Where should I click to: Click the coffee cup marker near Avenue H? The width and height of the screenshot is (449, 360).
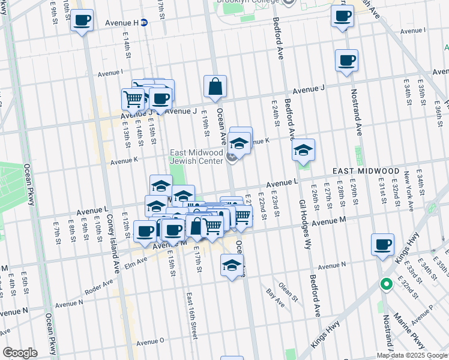pos(82,21)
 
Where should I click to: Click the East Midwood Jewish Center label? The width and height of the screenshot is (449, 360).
pos(196,157)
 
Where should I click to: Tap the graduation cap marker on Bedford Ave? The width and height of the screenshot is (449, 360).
pos(304,150)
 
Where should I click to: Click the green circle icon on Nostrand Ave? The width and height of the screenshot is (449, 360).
pos(387,284)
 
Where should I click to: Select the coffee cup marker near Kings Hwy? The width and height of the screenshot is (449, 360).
pos(382,245)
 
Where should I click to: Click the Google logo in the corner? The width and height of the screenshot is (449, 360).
pos(20,352)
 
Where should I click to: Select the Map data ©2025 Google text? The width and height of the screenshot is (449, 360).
pos(412,355)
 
